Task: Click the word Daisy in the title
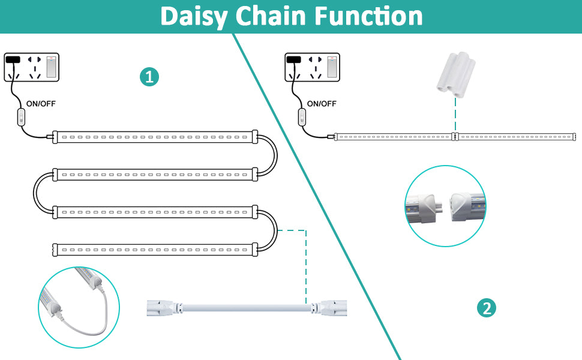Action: click(193, 16)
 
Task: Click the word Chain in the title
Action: click(272, 16)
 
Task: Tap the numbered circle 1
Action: click(149, 77)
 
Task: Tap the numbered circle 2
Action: click(486, 308)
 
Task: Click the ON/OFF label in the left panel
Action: click(41, 103)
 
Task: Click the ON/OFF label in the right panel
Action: click(322, 103)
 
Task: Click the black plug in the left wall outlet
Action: click(13, 59)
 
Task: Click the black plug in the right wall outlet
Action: click(293, 59)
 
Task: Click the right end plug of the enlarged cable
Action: click(332, 308)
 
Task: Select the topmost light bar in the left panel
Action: click(155, 137)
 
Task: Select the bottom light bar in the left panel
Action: click(155, 247)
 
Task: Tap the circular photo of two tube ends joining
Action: click(445, 206)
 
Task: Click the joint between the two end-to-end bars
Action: click(455, 137)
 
